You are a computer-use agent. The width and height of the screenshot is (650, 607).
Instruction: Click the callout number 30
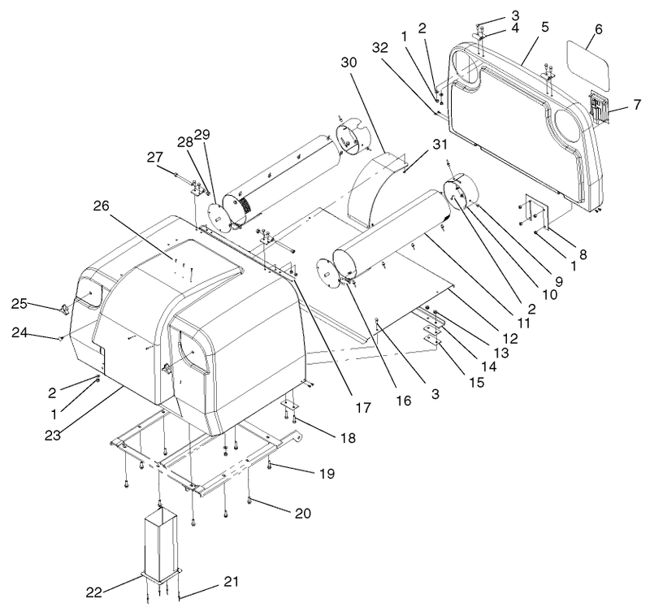pyautogui.click(x=349, y=63)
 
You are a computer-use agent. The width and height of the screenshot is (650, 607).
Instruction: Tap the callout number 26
pyautogui.click(x=102, y=206)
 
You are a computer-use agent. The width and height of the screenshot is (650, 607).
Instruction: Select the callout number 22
pyautogui.click(x=93, y=592)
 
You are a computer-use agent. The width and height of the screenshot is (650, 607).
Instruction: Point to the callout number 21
pyautogui.click(x=232, y=581)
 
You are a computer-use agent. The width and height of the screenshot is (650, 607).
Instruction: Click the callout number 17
pyautogui.click(x=362, y=408)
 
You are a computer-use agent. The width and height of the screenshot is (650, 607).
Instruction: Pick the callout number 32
pyautogui.click(x=379, y=48)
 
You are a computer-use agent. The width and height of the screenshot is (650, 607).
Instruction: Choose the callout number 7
pyautogui.click(x=637, y=105)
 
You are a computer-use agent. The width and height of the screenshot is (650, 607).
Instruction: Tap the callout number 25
pyautogui.click(x=19, y=304)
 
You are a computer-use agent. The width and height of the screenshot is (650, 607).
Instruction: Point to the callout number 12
pyautogui.click(x=511, y=338)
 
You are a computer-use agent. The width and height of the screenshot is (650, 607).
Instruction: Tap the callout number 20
pyautogui.click(x=302, y=514)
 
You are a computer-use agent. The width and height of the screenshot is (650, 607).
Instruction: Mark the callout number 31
pyautogui.click(x=440, y=145)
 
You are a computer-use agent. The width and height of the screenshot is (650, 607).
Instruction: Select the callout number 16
pyautogui.click(x=403, y=401)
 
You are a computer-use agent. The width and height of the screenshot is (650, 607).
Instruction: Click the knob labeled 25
pyautogui.click(x=64, y=309)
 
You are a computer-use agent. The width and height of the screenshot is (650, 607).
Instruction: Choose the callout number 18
pyautogui.click(x=349, y=437)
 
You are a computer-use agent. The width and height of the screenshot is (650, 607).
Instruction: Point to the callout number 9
pyautogui.click(x=559, y=282)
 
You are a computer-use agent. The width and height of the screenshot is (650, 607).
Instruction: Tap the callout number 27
pyautogui.click(x=154, y=157)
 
